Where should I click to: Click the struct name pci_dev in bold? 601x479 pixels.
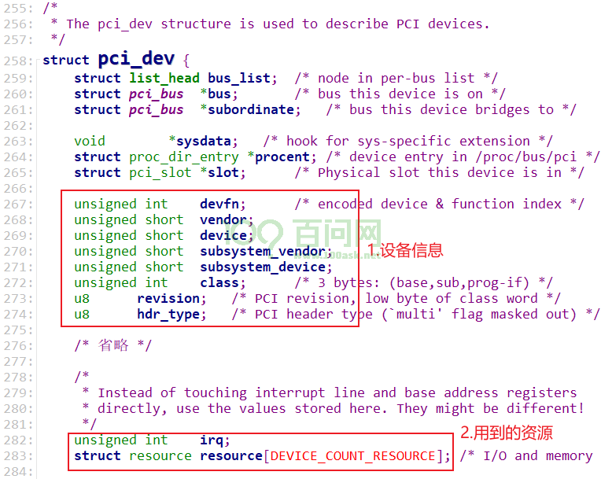click(x=136, y=59)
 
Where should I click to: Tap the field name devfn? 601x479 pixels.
click(x=219, y=204)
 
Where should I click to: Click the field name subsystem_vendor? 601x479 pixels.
click(x=263, y=252)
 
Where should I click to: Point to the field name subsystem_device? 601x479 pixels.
click(x=263, y=267)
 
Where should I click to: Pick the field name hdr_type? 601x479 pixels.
click(x=168, y=315)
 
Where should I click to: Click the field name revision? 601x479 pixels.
click(x=168, y=299)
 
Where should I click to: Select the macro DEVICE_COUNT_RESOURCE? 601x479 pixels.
click(x=352, y=456)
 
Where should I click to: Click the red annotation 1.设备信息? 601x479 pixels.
click(x=405, y=251)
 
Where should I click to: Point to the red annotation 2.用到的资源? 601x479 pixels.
click(x=507, y=433)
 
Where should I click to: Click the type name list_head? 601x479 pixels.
click(x=164, y=78)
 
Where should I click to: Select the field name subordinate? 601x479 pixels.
click(x=251, y=109)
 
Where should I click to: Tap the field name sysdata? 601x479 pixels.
click(x=203, y=142)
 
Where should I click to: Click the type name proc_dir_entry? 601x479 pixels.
click(x=184, y=157)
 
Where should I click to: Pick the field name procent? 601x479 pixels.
click(x=282, y=157)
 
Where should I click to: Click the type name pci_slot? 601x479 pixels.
click(x=160, y=173)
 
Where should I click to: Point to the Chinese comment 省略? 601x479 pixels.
click(x=113, y=345)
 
